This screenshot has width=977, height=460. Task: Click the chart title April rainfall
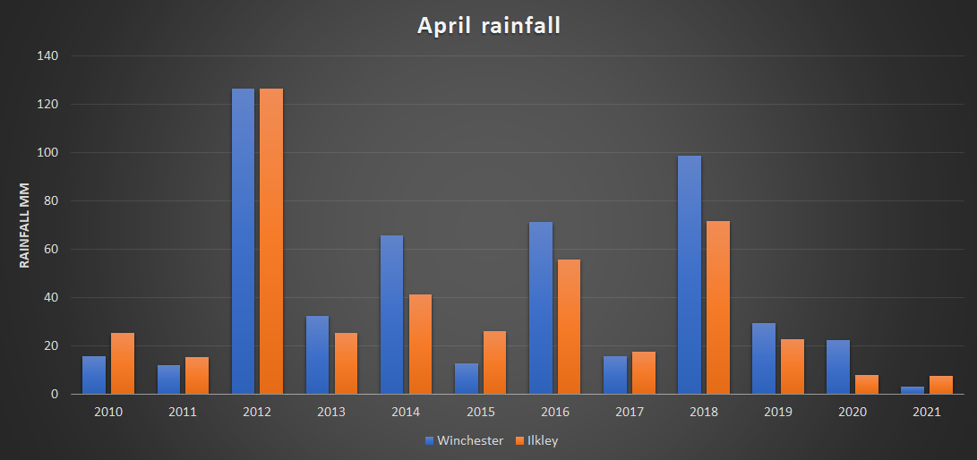488,26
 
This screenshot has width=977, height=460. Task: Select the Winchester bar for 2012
243,242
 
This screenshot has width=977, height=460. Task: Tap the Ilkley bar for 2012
271,242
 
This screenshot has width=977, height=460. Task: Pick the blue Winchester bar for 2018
689,275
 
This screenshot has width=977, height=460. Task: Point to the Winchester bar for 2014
391,314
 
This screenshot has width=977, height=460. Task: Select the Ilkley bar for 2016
569,327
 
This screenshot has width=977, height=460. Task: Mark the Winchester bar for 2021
913,390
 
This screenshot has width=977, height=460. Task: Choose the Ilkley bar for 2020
867,385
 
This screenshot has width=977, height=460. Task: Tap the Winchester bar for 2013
317,354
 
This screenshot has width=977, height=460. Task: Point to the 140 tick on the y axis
47,55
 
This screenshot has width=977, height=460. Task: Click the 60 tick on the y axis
51,249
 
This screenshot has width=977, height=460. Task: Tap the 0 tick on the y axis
55,394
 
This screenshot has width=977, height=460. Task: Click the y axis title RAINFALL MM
25,225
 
